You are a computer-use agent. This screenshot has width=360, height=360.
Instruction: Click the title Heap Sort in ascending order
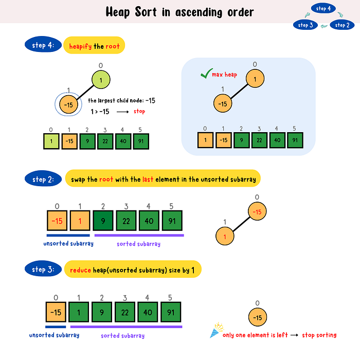pyautogui.click(x=179, y=11)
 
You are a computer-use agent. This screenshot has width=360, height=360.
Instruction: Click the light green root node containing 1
pyautogui.click(x=101, y=80)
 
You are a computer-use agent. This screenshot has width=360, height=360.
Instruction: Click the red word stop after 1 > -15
pyautogui.click(x=139, y=111)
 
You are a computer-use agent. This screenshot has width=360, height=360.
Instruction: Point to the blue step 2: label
pyautogui.click(x=43, y=179)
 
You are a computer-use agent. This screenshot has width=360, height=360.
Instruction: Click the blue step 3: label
pyautogui.click(x=43, y=269)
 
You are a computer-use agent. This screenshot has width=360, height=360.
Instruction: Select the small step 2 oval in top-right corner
pyautogui.click(x=341, y=25)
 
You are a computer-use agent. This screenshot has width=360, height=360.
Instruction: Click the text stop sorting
pyautogui.click(x=319, y=335)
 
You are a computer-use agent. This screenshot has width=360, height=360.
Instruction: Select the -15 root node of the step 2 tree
pyautogui.click(x=259, y=212)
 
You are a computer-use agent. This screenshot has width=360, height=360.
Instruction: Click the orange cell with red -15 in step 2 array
pyautogui.click(x=58, y=221)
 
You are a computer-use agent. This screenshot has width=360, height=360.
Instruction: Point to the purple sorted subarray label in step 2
pyautogui.click(x=138, y=244)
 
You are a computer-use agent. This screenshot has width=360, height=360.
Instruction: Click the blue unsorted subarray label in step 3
pyautogui.click(x=54, y=335)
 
